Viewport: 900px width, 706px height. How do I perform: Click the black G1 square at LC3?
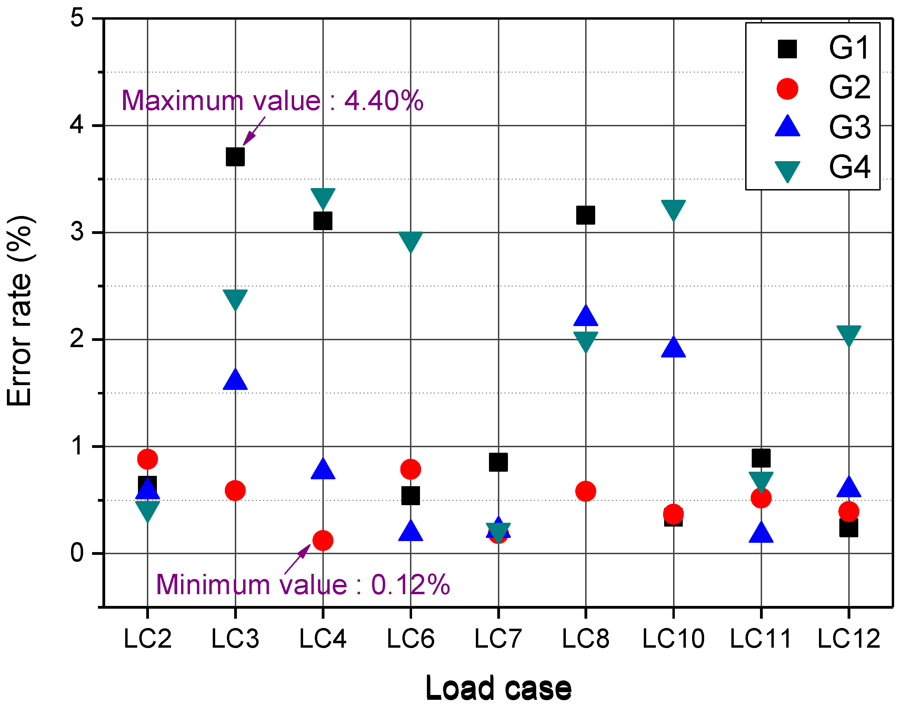(235, 157)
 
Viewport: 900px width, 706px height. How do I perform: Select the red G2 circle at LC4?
(322, 540)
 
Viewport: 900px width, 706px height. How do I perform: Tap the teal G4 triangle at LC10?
(673, 209)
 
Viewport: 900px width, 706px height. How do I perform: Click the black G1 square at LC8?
(585, 215)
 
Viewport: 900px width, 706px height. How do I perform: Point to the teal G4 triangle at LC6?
(410, 241)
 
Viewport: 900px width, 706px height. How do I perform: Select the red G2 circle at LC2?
(148, 459)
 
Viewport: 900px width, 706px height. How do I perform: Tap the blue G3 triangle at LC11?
(761, 533)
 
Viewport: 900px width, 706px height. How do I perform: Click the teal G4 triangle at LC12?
(848, 334)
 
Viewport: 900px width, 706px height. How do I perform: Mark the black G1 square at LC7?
(498, 462)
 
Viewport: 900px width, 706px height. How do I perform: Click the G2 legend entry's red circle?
(787, 88)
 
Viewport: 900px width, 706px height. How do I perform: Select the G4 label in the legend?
(849, 167)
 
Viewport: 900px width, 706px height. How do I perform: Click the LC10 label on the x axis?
(673, 639)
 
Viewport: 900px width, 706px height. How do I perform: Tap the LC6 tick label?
(410, 639)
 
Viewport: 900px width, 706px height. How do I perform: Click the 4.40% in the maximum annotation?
(384, 100)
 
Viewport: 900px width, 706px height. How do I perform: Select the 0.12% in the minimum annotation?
(410, 585)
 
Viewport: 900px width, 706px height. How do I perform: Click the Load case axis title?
(498, 688)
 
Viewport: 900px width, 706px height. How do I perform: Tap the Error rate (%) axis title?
(19, 310)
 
